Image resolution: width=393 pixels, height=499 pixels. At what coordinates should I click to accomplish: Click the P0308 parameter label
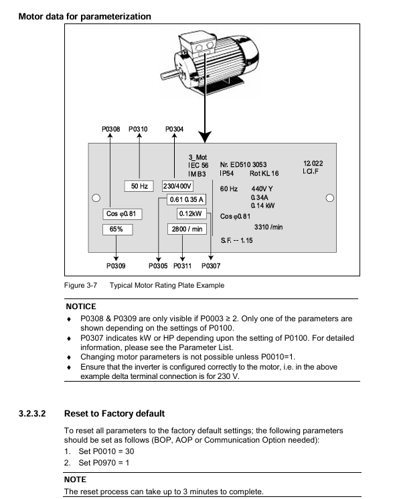(110, 129)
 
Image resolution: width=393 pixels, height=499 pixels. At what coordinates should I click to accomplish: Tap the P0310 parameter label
(138, 129)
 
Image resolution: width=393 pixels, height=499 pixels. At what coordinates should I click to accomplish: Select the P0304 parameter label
(174, 129)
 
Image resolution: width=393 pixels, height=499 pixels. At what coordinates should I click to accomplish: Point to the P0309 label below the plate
(116, 266)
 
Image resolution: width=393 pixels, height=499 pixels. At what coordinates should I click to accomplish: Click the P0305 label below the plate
(158, 266)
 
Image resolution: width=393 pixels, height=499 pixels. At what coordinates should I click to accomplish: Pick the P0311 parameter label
(182, 266)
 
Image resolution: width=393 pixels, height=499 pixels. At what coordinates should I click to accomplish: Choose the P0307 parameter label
(211, 266)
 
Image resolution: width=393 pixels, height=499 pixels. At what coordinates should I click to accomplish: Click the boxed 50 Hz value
(139, 186)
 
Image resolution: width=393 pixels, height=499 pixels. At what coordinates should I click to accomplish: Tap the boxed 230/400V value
(177, 186)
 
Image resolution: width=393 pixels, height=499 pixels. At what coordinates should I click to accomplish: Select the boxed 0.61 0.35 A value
(187, 200)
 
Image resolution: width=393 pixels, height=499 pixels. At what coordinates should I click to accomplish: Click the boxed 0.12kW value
(191, 213)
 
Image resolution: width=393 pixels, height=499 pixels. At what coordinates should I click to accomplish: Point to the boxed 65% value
(117, 229)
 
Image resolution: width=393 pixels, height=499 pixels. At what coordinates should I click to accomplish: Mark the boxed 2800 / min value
(187, 229)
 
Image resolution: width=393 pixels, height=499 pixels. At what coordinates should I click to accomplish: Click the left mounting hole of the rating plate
(96, 198)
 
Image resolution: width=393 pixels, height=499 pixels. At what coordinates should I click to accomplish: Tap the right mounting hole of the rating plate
(330, 198)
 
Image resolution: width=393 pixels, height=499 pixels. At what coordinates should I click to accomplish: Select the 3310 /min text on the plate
(268, 227)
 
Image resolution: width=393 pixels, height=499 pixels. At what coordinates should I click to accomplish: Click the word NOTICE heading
(81, 307)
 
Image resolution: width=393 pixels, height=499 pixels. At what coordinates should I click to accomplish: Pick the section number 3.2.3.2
(32, 414)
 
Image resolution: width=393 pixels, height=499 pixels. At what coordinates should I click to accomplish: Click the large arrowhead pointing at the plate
(205, 137)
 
